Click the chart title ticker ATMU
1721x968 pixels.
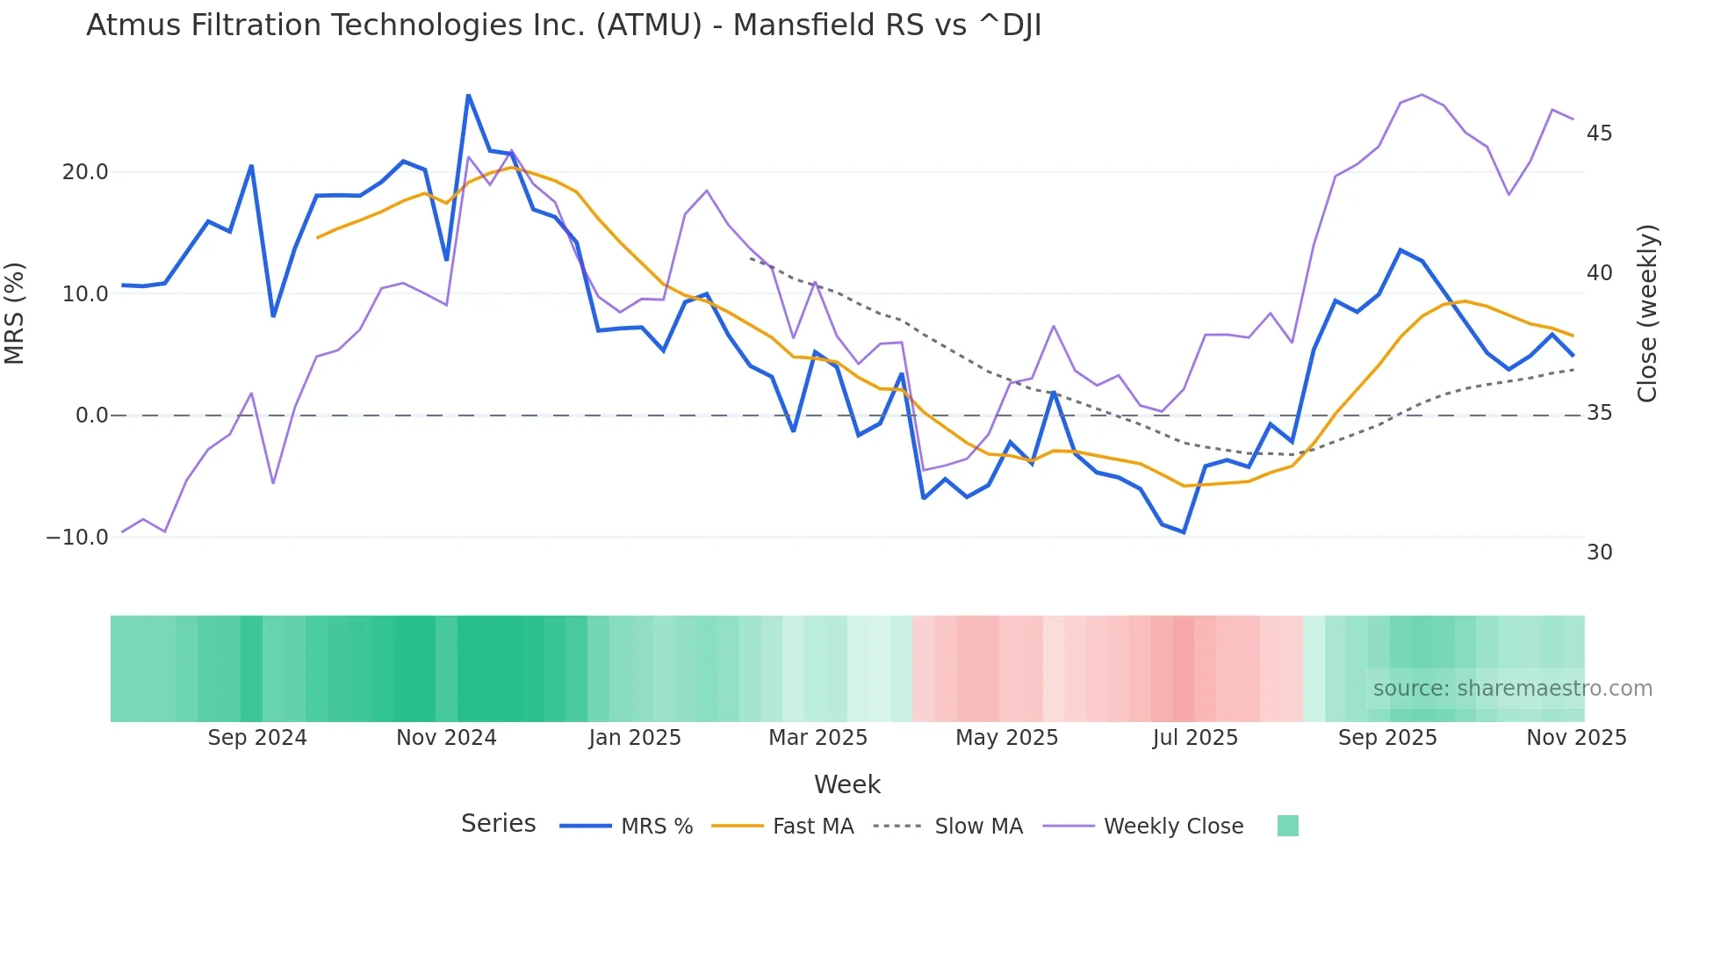(649, 25)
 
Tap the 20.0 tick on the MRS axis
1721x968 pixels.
(85, 172)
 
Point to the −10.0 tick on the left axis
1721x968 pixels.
(77, 538)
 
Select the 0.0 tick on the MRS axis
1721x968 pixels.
(92, 415)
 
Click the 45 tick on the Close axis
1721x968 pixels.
(1599, 134)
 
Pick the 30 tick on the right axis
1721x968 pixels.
(1599, 553)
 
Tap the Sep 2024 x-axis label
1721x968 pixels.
(257, 738)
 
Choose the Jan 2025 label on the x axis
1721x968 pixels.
(635, 738)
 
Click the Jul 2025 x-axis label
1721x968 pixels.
(1195, 738)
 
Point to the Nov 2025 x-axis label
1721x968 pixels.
(1576, 738)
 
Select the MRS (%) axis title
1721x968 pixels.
(15, 313)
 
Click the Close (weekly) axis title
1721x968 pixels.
(1647, 314)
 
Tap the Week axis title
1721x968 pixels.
(846, 784)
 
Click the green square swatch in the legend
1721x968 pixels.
(1287, 826)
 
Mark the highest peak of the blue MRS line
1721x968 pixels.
(468, 95)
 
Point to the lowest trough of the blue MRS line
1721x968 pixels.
(1184, 532)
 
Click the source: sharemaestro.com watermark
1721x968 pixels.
(1512, 689)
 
